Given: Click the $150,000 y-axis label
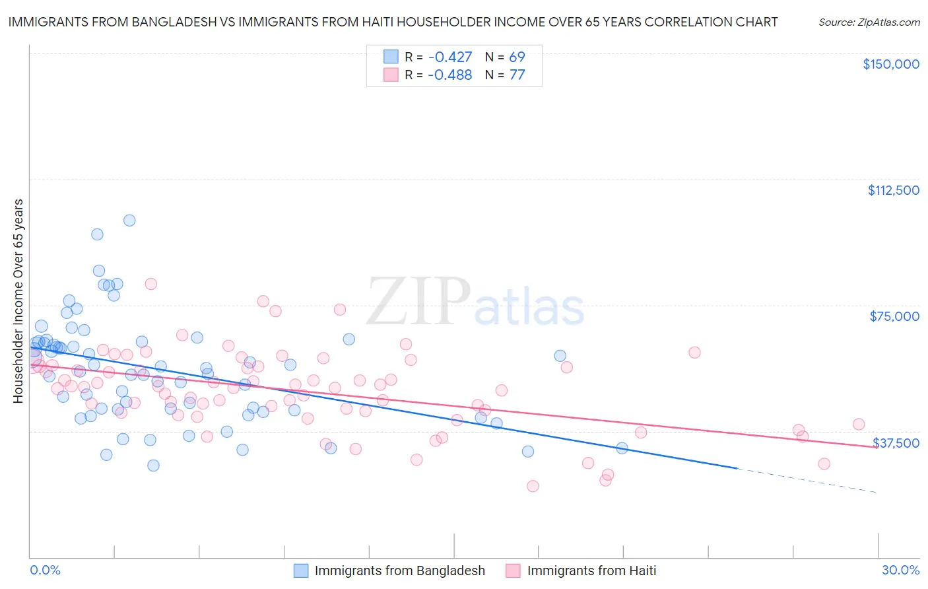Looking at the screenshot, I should pyautogui.click(x=890, y=64).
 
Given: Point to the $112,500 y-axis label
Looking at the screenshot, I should pyautogui.click(x=893, y=190).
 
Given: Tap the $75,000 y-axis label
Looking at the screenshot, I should pyautogui.click(x=894, y=316).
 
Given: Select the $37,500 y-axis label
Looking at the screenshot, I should pyautogui.click(x=896, y=443).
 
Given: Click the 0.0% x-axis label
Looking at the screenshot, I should pyautogui.click(x=45, y=570).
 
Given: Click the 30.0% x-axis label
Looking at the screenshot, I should pyautogui.click(x=900, y=570).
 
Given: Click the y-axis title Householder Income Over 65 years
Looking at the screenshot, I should pyautogui.click(x=18, y=300).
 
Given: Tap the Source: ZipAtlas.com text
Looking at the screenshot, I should pyautogui.click(x=869, y=22).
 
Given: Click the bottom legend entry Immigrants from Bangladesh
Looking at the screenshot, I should pyautogui.click(x=399, y=571).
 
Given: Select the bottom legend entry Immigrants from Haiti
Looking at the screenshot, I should pyautogui.click(x=591, y=571).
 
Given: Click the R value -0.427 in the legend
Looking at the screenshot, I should pyautogui.click(x=449, y=57).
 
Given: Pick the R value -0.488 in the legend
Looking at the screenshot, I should pyautogui.click(x=449, y=75).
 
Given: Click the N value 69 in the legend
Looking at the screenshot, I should pyautogui.click(x=517, y=57).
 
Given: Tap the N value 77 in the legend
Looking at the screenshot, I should pyautogui.click(x=517, y=75).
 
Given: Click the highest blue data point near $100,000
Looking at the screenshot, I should pyautogui.click(x=129, y=221).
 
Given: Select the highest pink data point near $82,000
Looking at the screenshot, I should pyautogui.click(x=150, y=284).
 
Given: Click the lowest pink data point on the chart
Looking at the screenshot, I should pyautogui.click(x=533, y=486).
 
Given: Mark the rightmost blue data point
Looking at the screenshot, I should pyautogui.click(x=622, y=448).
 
